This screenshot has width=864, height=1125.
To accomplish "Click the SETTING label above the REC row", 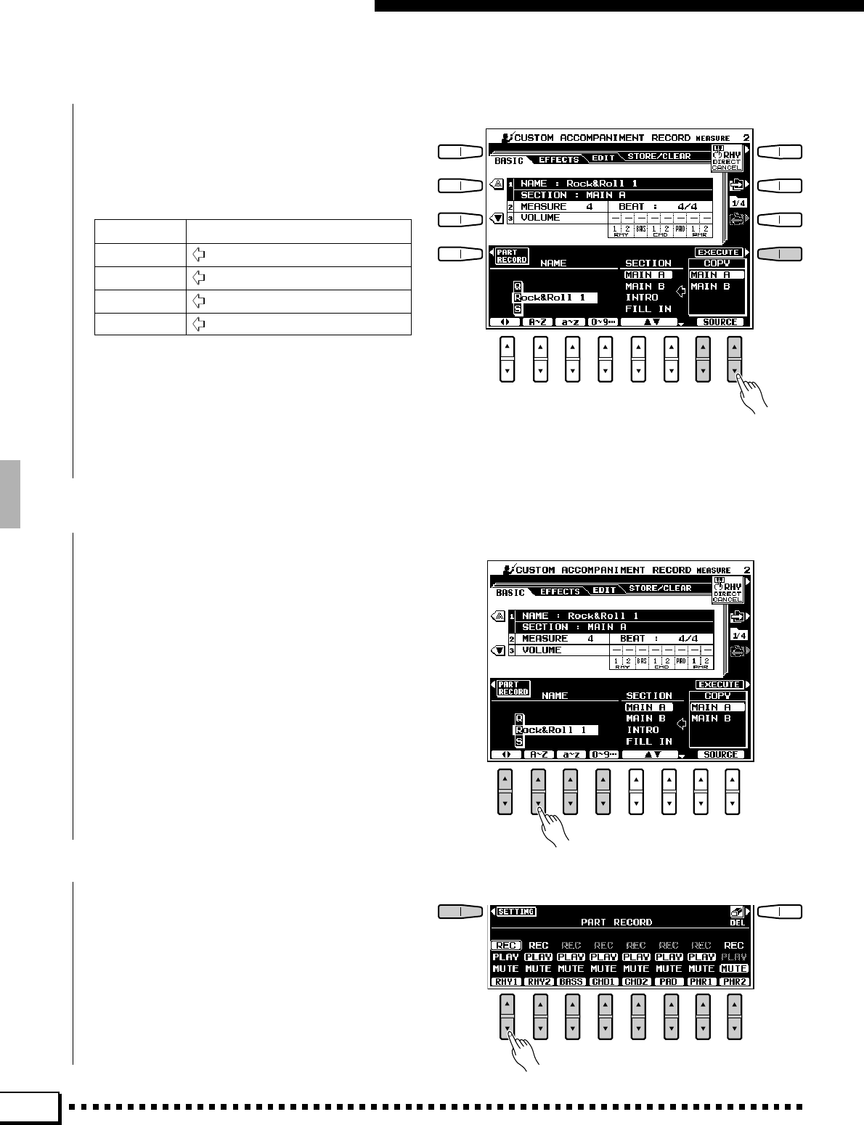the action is coord(516,912).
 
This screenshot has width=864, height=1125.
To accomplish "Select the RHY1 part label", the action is coord(506,981).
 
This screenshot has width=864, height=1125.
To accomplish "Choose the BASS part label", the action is coord(571,981).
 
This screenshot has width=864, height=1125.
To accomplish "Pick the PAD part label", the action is coord(669,981).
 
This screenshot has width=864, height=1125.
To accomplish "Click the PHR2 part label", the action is coord(734,981).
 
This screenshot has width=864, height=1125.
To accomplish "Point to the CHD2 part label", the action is coord(636,981).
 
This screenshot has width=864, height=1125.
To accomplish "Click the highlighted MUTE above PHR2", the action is coord(734,968).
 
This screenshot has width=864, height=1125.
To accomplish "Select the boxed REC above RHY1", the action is coord(506,945).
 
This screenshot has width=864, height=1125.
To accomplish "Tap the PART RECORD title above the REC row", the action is coord(616,922).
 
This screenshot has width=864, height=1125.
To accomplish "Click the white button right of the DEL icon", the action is coord(781,912).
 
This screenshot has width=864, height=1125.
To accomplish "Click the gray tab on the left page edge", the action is coord(10,494).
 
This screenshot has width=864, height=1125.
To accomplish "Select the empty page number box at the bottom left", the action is coord(30,1108).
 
